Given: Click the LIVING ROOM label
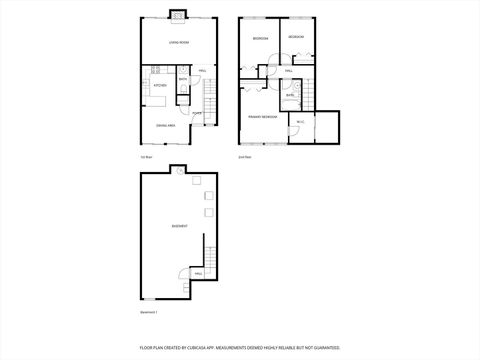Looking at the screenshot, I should [x=179, y=43].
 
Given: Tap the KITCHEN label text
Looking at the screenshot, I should [x=159, y=87].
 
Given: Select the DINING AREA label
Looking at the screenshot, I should [x=166, y=125].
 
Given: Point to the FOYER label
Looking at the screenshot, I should [x=197, y=113].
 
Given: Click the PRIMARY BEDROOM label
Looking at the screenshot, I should [x=262, y=117].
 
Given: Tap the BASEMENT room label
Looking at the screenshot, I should [x=179, y=226].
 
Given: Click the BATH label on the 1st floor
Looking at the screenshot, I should [x=183, y=79].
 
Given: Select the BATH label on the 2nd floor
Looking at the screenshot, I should [x=290, y=95].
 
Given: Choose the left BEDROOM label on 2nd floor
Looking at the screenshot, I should [x=260, y=38].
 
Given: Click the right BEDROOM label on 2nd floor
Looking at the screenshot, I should [x=296, y=37].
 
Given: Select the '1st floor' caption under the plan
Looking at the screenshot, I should [x=146, y=158].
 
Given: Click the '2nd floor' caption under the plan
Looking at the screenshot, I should [x=244, y=158].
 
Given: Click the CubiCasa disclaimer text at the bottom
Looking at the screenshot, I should [x=239, y=349].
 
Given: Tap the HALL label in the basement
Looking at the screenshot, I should [x=198, y=273].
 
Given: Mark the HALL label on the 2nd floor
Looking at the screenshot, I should [x=288, y=71].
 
